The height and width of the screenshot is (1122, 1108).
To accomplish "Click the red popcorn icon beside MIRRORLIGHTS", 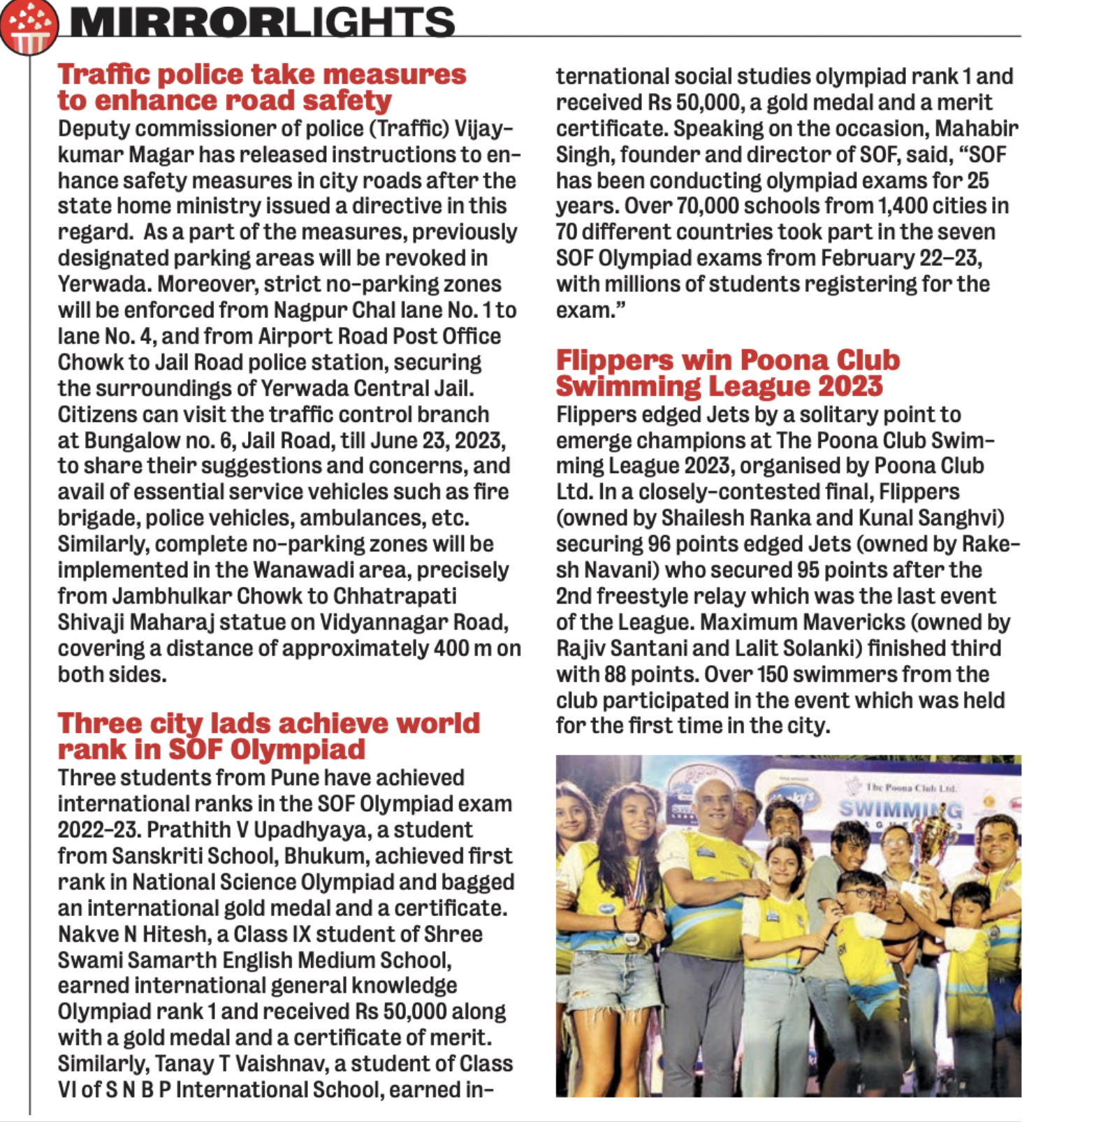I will [28, 27].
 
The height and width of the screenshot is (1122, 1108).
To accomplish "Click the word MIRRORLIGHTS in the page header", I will [262, 22].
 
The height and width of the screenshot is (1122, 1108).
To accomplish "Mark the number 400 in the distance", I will [451, 648].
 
